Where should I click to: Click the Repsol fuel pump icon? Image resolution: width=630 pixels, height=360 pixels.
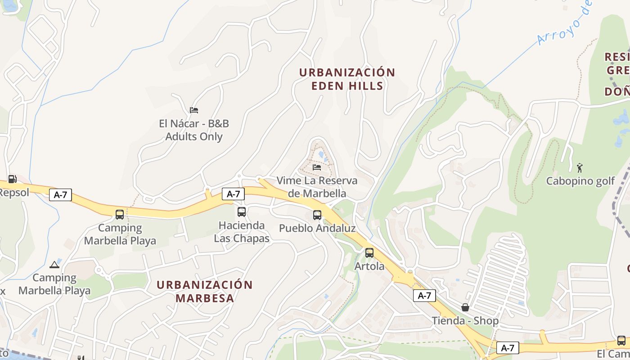[x=13, y=179]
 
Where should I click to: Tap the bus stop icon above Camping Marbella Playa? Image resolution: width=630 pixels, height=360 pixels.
[x=120, y=215]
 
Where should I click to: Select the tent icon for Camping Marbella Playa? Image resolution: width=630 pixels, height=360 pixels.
[x=54, y=265]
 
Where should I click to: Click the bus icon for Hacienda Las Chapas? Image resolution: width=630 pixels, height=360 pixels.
[x=242, y=211]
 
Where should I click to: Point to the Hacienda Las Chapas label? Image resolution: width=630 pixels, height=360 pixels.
[x=242, y=232]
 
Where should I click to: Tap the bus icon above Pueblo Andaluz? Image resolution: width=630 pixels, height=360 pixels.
[x=317, y=215]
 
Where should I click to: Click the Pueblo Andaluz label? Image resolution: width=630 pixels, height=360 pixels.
[x=317, y=228]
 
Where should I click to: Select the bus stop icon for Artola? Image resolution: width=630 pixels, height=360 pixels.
[x=369, y=253]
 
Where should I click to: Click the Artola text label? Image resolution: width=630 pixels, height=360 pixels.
[x=369, y=266]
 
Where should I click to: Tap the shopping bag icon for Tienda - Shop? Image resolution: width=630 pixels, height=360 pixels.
[x=465, y=307]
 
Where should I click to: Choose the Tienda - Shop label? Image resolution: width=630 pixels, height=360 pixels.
[x=465, y=321]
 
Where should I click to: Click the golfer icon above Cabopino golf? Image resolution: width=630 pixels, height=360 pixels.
[x=580, y=168]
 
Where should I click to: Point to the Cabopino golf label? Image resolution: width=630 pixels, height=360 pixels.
[x=580, y=181]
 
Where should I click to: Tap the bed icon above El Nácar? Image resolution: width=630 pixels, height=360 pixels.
[x=194, y=110]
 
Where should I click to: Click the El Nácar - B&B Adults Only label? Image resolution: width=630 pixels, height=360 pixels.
[x=194, y=130]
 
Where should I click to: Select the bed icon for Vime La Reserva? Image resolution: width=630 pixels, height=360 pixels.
[x=317, y=167]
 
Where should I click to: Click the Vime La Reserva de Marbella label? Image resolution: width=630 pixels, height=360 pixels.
[x=317, y=187]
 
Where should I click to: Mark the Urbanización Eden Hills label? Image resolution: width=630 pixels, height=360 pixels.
[x=347, y=79]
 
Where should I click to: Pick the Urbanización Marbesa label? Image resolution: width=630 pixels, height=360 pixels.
[x=205, y=291]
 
